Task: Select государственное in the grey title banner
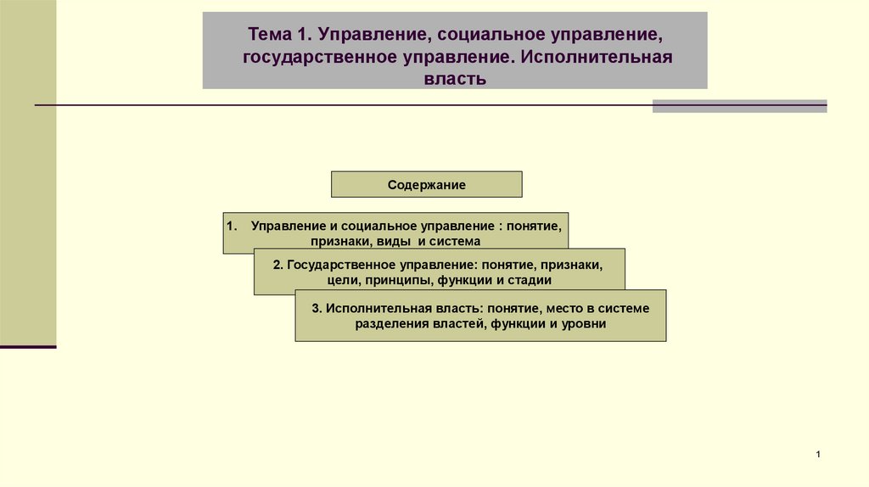[x=315, y=58]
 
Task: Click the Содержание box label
[x=427, y=184]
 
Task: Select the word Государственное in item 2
[x=335, y=265]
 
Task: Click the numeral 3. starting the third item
[x=317, y=308]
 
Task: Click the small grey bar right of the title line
[x=739, y=106]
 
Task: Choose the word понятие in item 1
[x=535, y=227]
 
